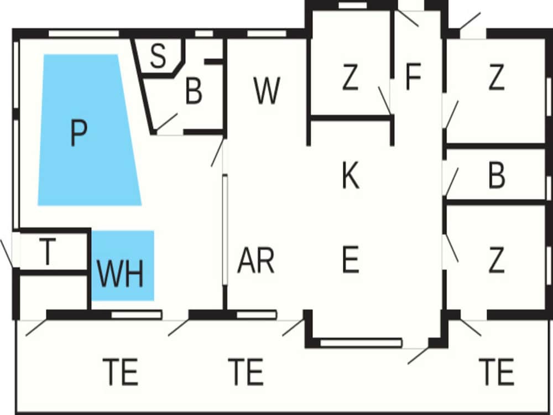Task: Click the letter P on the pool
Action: pyautogui.click(x=79, y=133)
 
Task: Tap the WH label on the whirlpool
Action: pyautogui.click(x=121, y=273)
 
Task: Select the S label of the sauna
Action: pyautogui.click(x=158, y=56)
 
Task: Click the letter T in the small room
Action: pyautogui.click(x=48, y=252)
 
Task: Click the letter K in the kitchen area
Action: pyautogui.click(x=351, y=175)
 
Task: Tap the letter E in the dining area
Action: pyautogui.click(x=351, y=260)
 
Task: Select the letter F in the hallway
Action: pyautogui.click(x=414, y=77)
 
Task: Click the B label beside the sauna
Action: pyautogui.click(x=194, y=92)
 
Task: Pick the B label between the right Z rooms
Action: pyautogui.click(x=497, y=175)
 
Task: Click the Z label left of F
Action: pyautogui.click(x=349, y=78)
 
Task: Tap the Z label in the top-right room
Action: pyautogui.click(x=497, y=78)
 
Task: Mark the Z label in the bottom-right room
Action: pyautogui.click(x=497, y=260)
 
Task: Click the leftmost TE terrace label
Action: pyautogui.click(x=121, y=372)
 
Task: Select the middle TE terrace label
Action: pyautogui.click(x=246, y=372)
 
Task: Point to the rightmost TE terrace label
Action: pyautogui.click(x=497, y=372)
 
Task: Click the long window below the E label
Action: pyautogui.click(x=361, y=343)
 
